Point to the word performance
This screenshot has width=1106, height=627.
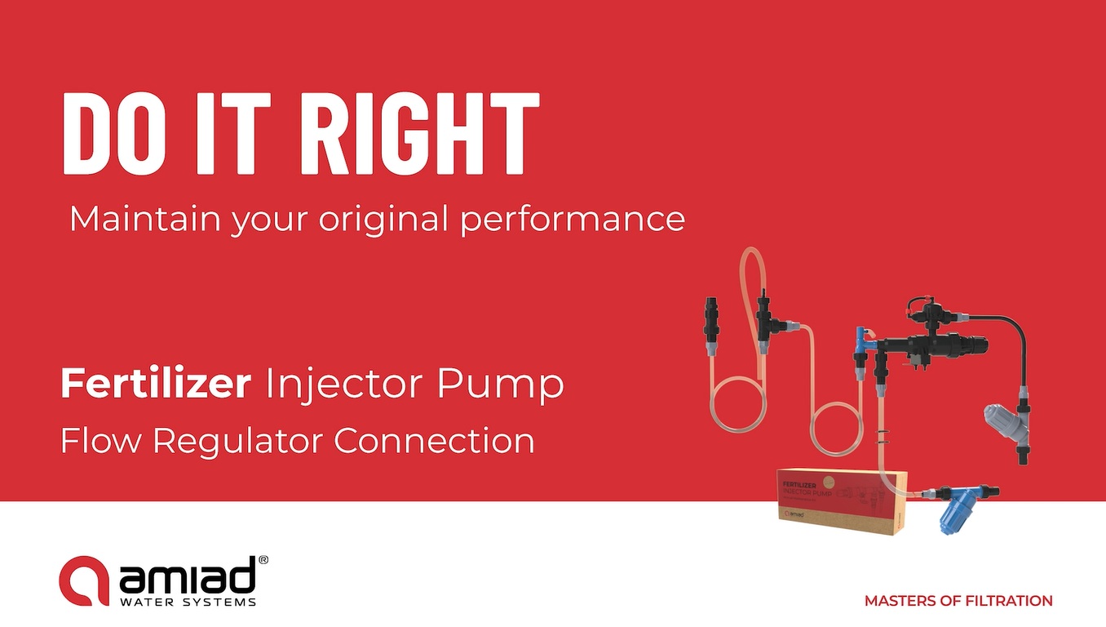point(573,220)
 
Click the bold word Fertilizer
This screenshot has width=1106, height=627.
point(156,385)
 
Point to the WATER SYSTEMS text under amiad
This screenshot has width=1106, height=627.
point(188,603)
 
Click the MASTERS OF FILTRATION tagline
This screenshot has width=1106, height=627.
point(958,601)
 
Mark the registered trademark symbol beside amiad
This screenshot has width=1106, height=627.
point(263,561)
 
